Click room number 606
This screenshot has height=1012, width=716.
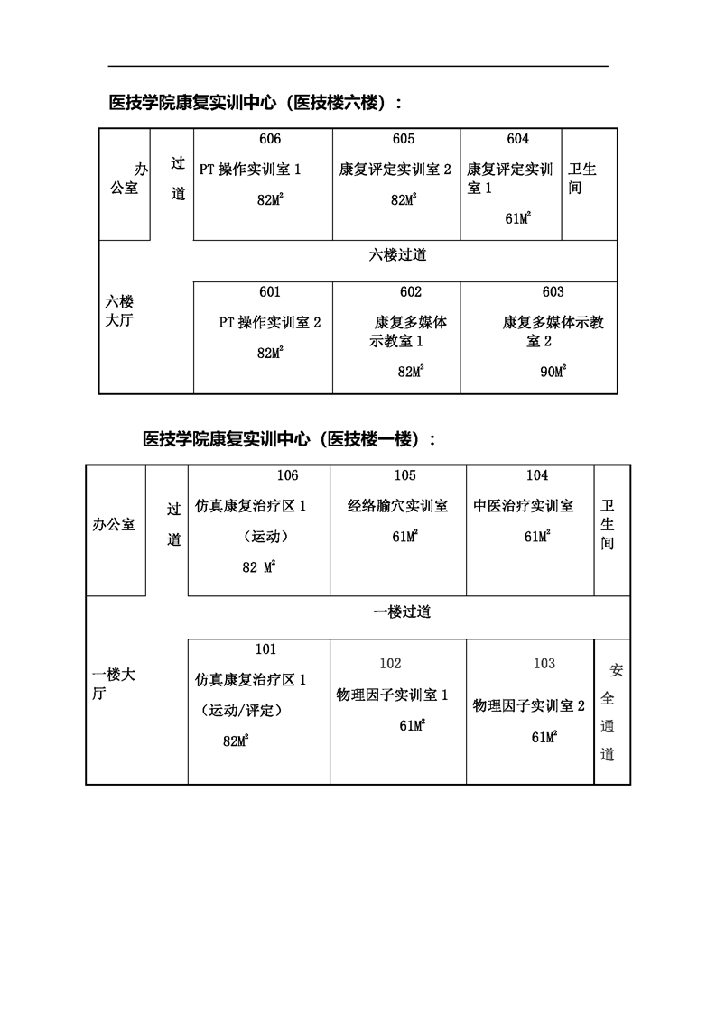click(269, 139)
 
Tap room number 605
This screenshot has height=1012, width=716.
click(404, 139)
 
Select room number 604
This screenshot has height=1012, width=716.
click(517, 139)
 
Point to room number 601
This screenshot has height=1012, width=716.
click(269, 292)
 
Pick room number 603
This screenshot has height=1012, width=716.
click(553, 292)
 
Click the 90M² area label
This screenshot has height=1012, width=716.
click(553, 372)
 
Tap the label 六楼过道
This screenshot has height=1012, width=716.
click(397, 254)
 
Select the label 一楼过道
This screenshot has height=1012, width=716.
click(402, 612)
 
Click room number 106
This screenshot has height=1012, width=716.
click(287, 475)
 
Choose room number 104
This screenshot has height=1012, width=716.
click(537, 475)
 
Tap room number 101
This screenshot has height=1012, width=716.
click(265, 649)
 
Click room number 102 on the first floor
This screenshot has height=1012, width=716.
click(390, 664)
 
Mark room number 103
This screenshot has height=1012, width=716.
click(544, 664)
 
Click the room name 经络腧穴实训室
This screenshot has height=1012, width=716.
click(397, 507)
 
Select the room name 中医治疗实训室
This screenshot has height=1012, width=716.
click(524, 507)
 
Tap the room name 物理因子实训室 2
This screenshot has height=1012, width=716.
click(529, 705)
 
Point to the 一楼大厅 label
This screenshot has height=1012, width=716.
click(114, 684)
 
